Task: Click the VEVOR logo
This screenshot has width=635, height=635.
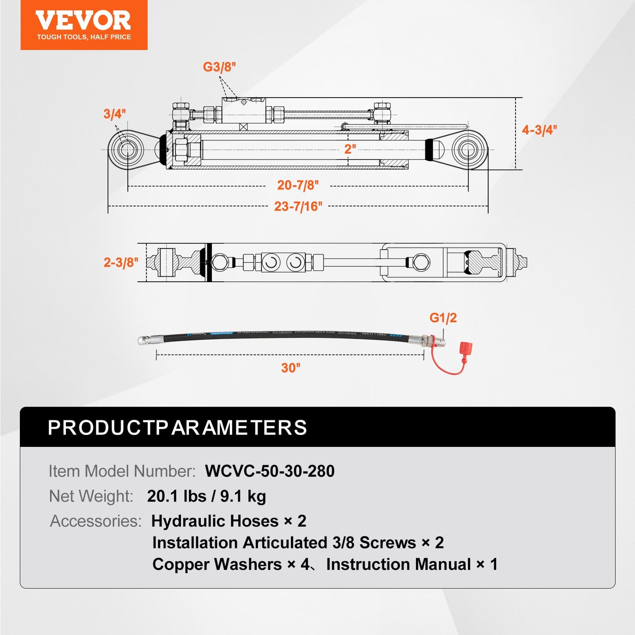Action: [x=83, y=25]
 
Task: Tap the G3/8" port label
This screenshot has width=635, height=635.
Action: [x=219, y=67]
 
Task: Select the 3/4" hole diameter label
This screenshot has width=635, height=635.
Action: [x=114, y=114]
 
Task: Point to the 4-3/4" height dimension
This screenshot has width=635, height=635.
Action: [x=539, y=130]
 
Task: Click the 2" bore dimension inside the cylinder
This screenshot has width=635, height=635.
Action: [x=350, y=149]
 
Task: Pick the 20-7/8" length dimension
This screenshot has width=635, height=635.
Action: [x=298, y=185]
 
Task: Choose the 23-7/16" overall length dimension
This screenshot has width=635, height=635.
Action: [x=298, y=206]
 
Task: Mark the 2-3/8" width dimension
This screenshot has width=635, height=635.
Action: [x=120, y=262]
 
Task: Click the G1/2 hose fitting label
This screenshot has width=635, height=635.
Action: [x=443, y=318]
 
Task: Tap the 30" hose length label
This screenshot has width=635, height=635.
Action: [x=290, y=367]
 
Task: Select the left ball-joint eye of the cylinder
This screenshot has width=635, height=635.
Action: [x=126, y=149]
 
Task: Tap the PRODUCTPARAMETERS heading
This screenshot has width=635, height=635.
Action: [x=177, y=428]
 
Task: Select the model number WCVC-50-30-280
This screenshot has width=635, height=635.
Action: [x=269, y=471]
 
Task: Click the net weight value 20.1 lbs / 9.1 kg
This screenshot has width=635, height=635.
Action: [x=206, y=496]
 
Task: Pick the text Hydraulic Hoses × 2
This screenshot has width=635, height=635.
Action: [x=229, y=521]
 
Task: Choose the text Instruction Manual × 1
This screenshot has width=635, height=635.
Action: [x=412, y=564]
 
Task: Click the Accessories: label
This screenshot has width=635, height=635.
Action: [x=96, y=521]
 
